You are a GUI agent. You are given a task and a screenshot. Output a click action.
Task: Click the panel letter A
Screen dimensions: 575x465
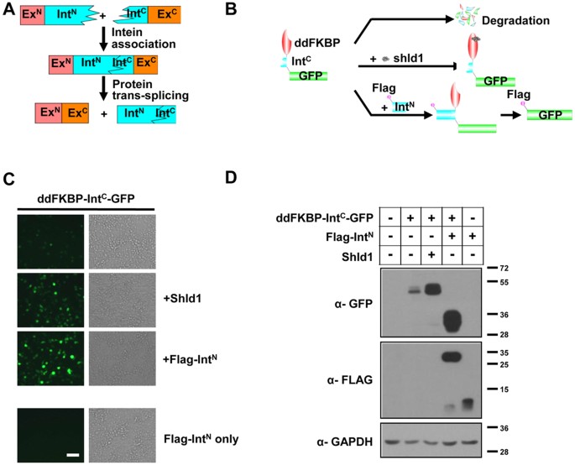pyautogui.click(x=10, y=11)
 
